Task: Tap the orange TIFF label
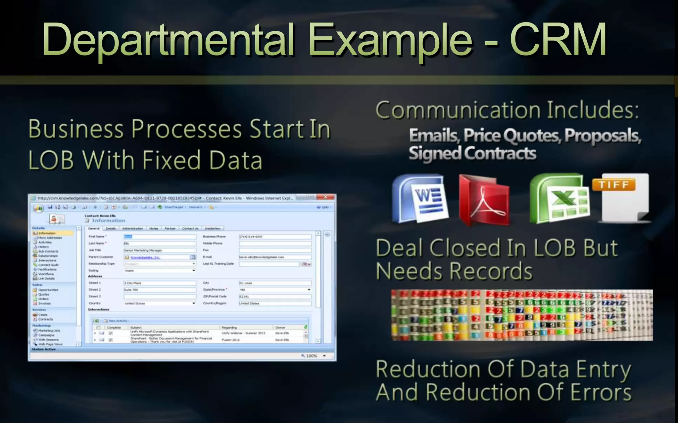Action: pos(613,185)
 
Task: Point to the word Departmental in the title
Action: pos(168,40)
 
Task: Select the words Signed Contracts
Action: pos(472,154)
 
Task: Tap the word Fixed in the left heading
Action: pos(171,161)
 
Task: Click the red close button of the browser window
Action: pos(325,197)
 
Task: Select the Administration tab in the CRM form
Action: pos(132,228)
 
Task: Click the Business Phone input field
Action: pos(275,237)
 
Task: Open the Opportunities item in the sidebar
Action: pos(48,290)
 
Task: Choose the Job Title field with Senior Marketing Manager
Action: pos(160,250)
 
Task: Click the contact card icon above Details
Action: pos(57,219)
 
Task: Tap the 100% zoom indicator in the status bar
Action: pos(311,356)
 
